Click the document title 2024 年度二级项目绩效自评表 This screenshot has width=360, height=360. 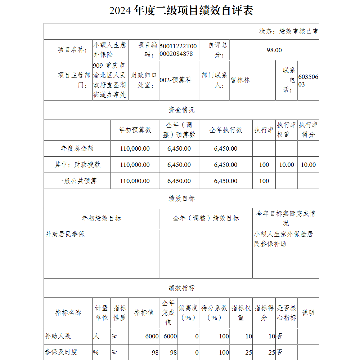pos(181,10)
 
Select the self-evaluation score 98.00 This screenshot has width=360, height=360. pos(274,50)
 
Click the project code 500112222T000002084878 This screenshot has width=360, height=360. pos(178,50)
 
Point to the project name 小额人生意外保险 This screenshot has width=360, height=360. pos(110,50)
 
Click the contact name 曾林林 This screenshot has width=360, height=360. pos(240,80)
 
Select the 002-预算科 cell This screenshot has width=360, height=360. pos(175,80)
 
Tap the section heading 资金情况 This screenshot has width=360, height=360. pos(181,110)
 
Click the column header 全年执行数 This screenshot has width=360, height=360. pos(226,130)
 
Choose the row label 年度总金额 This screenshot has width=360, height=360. pos(77,148)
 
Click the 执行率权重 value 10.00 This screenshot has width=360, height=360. pos(287,165)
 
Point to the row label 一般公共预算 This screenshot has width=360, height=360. pos(77,181)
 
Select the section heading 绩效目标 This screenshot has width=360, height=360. pos(181,199)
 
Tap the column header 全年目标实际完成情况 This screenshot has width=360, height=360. pos(285,218)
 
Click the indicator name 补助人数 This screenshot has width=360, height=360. pos(58,336)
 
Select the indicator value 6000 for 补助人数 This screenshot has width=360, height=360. pos(152,336)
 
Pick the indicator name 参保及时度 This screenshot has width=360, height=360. pos(61,352)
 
